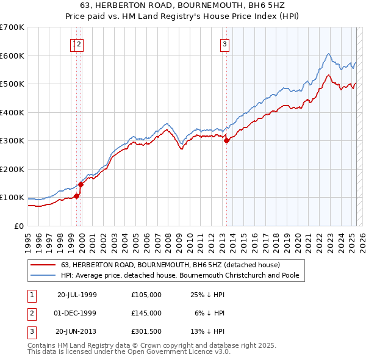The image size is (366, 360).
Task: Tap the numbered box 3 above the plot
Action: [x=224, y=43]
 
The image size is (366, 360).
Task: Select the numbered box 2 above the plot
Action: [x=80, y=43]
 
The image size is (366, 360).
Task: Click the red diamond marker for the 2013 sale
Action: [x=226, y=140]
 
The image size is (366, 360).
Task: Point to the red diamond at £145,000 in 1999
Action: [x=81, y=184]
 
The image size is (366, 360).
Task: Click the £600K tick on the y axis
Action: [x=12, y=56]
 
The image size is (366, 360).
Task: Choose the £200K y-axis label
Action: [x=12, y=169]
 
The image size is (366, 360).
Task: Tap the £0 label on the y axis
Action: [x=19, y=226]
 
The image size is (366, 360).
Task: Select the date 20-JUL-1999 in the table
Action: [x=77, y=295]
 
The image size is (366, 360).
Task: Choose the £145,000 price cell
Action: [x=146, y=312]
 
